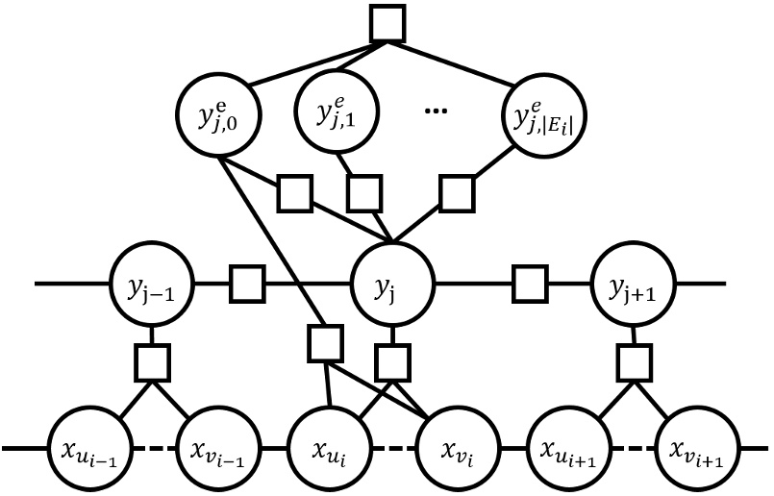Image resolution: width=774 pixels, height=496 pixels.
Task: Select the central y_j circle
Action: [x=393, y=285]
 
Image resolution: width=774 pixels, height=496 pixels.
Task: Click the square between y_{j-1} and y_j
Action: [x=247, y=285]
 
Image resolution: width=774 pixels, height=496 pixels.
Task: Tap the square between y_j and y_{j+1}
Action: [x=527, y=285]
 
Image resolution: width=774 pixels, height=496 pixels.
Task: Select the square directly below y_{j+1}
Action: [x=632, y=361]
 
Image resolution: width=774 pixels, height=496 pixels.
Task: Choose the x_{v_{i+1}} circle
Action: [x=694, y=448]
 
